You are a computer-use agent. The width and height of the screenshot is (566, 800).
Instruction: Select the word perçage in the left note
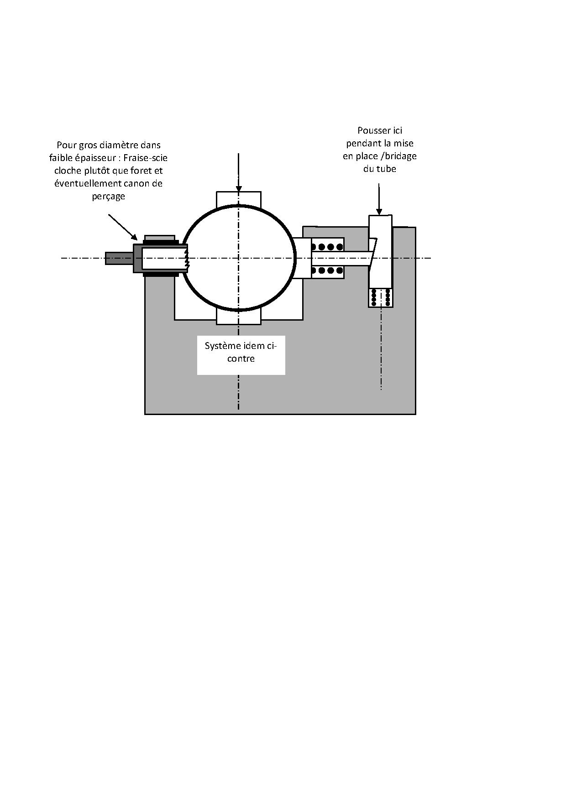(x=108, y=197)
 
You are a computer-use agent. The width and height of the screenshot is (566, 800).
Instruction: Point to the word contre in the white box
(x=241, y=359)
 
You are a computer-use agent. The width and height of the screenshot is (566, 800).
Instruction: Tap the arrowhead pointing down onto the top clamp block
(x=238, y=189)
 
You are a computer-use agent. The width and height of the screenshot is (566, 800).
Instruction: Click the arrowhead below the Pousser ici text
(x=379, y=211)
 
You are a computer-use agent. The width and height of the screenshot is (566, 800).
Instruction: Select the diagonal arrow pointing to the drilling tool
(x=122, y=227)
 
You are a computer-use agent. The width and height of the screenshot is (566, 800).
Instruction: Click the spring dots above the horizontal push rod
(x=327, y=247)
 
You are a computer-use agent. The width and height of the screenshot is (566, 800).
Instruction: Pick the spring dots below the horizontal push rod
(x=327, y=270)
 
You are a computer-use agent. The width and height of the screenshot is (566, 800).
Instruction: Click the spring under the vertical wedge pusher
(x=381, y=297)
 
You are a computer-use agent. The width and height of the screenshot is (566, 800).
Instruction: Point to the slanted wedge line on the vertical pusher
(x=373, y=253)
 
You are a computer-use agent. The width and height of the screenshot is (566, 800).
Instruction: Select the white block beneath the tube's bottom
(x=238, y=318)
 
